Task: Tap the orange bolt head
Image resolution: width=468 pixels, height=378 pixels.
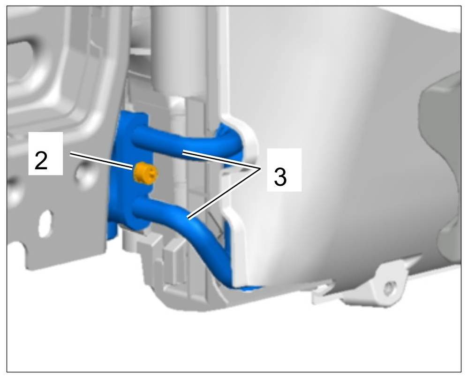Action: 145,174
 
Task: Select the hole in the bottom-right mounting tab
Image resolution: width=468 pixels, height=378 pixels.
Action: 388,288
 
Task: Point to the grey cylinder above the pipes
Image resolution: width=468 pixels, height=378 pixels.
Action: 179,51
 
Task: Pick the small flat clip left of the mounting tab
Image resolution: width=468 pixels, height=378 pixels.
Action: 322,291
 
